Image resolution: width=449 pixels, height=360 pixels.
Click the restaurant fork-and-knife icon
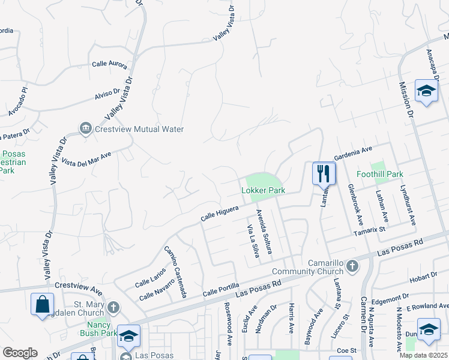coord(324,173)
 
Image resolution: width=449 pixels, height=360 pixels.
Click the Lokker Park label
coord(262,190)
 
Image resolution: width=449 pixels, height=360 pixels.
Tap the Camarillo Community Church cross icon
coord(352,265)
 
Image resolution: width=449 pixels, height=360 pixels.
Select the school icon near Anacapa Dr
coord(426,91)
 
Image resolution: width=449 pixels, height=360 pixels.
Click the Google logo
coord(20,353)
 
